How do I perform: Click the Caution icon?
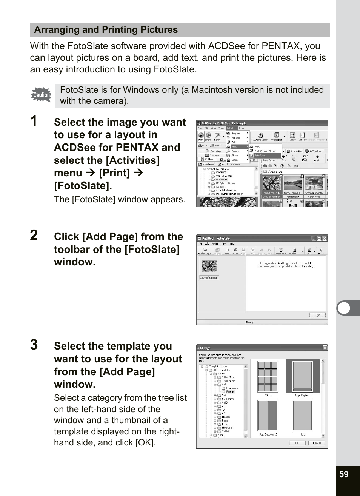pyautogui.click(x=41, y=95)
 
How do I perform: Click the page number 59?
pyautogui.click(x=344, y=474)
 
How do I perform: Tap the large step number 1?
pyautogui.click(x=34, y=121)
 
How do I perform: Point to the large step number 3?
pyautogui.click(x=34, y=345)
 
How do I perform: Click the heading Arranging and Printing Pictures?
pyautogui.click(x=106, y=30)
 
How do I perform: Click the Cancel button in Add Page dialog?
pyautogui.click(x=317, y=443)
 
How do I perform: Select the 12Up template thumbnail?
pyautogui.click(x=268, y=376)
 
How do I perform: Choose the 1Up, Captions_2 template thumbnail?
pyautogui.click(x=268, y=416)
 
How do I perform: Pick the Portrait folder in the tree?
pyautogui.click(x=230, y=391)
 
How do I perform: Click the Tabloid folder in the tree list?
pyautogui.click(x=226, y=431)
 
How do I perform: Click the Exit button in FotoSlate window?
pyautogui.click(x=317, y=315)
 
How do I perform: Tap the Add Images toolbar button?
pyautogui.click(x=205, y=251)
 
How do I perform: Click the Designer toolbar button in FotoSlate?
pyautogui.click(x=281, y=251)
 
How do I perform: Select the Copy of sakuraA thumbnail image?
pyautogui.click(x=209, y=266)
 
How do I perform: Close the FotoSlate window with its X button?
pyautogui.click(x=324, y=238)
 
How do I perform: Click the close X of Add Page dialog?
pyautogui.click(x=325, y=348)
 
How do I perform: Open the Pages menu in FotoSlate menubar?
pyautogui.click(x=215, y=244)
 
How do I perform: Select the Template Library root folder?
pyautogui.click(x=218, y=366)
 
